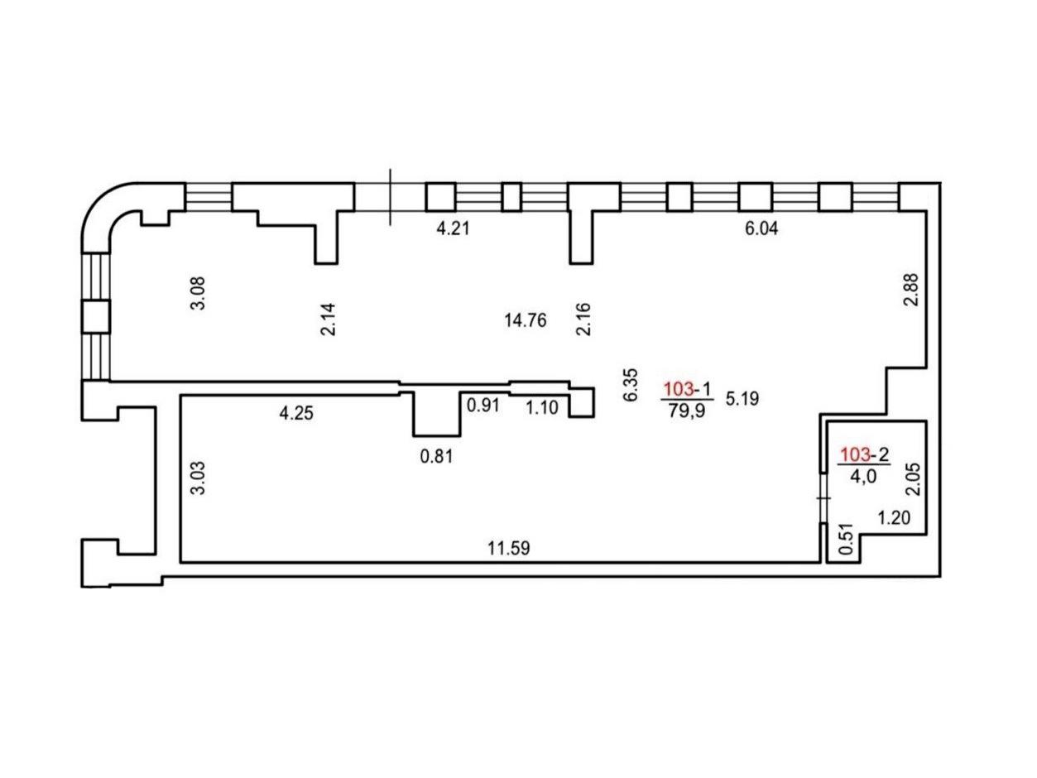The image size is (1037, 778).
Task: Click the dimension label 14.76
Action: click(x=525, y=321)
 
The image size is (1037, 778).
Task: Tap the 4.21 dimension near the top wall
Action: click(x=453, y=228)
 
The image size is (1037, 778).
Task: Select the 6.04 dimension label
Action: click(x=761, y=228)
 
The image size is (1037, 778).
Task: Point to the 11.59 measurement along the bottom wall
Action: click(x=508, y=549)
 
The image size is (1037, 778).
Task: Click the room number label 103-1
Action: click(x=687, y=389)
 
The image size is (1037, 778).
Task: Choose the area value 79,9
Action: click(x=687, y=411)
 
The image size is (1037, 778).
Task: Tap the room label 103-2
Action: click(x=864, y=454)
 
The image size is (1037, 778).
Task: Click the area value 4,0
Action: click(x=863, y=476)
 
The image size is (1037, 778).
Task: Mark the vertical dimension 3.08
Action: click(x=198, y=293)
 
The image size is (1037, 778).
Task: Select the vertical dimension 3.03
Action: click(x=198, y=478)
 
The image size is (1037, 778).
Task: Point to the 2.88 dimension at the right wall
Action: click(x=911, y=290)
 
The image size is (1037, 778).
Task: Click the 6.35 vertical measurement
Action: click(x=631, y=385)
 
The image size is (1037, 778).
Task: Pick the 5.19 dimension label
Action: click(x=742, y=399)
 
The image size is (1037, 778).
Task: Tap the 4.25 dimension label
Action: click(x=296, y=413)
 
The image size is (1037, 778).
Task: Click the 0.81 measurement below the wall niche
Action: click(x=436, y=456)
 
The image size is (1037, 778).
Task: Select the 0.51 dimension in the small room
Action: click(x=846, y=539)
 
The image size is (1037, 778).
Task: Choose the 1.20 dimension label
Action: click(x=894, y=518)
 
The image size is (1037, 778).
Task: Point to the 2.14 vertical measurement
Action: click(x=328, y=319)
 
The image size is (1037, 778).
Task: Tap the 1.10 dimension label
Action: click(x=542, y=408)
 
